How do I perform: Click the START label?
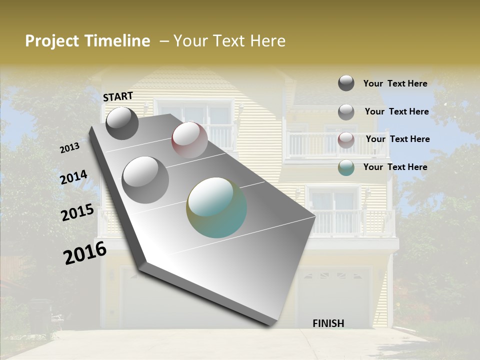tap(118, 96)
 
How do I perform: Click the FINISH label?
tap(328, 323)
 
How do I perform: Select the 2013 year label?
tap(70, 148)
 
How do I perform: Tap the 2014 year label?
tap(74, 177)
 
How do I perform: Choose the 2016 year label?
tap(85, 253)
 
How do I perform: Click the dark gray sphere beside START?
tap(122, 123)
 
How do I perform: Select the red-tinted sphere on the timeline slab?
tap(189, 140)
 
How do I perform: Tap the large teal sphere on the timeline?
tap(216, 207)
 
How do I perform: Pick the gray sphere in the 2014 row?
tap(145, 179)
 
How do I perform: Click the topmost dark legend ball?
tap(346, 83)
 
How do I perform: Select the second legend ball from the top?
tap(346, 111)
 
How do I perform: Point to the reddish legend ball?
tap(346, 139)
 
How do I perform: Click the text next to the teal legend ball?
tap(395, 167)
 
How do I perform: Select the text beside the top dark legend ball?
tap(395, 83)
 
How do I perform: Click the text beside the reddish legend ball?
tap(397, 139)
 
